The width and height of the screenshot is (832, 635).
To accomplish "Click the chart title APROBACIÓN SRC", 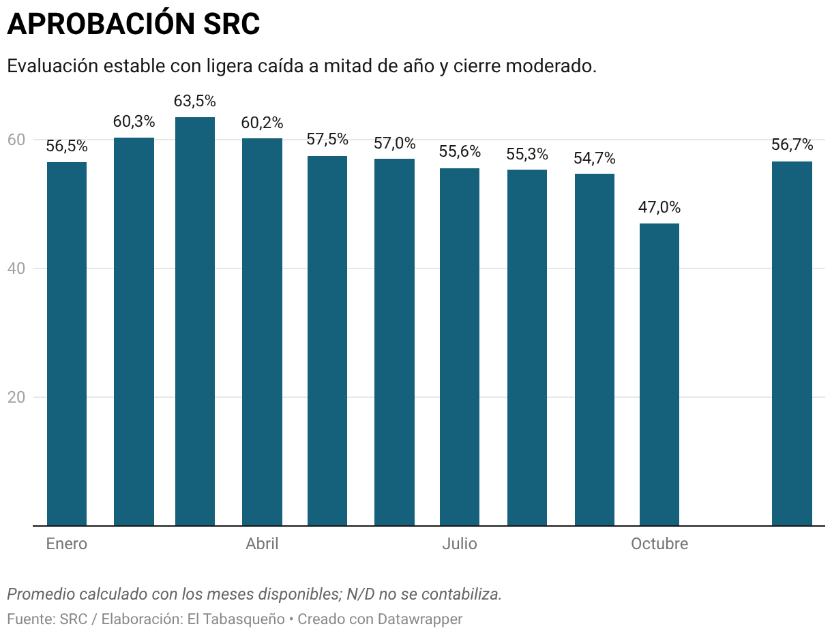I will (x=134, y=25).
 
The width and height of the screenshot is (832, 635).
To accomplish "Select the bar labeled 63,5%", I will (x=195, y=321).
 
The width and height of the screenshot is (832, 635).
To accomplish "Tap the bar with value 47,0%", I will (x=659, y=374).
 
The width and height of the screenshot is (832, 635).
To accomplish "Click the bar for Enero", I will (x=67, y=343).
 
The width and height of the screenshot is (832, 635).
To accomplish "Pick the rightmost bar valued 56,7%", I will (x=792, y=343).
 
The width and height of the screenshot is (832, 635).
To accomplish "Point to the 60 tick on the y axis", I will (x=16, y=140).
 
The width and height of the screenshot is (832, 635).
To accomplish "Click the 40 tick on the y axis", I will (x=16, y=268).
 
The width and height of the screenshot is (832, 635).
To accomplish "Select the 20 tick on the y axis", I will (x=16, y=397).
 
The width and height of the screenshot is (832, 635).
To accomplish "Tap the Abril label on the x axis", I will (x=262, y=544).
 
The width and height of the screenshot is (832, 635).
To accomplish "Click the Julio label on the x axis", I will (x=460, y=544).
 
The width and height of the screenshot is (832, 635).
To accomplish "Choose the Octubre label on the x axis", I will (x=659, y=544).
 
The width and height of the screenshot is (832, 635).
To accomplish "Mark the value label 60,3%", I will (x=134, y=122).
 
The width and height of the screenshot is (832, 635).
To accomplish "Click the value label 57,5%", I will (x=327, y=140).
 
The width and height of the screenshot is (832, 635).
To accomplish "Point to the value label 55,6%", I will (x=460, y=152).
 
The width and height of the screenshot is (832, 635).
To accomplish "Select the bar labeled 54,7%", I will (x=595, y=350).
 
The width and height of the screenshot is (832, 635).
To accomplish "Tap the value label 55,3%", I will (x=527, y=154).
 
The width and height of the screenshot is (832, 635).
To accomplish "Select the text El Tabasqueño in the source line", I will (x=236, y=619).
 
